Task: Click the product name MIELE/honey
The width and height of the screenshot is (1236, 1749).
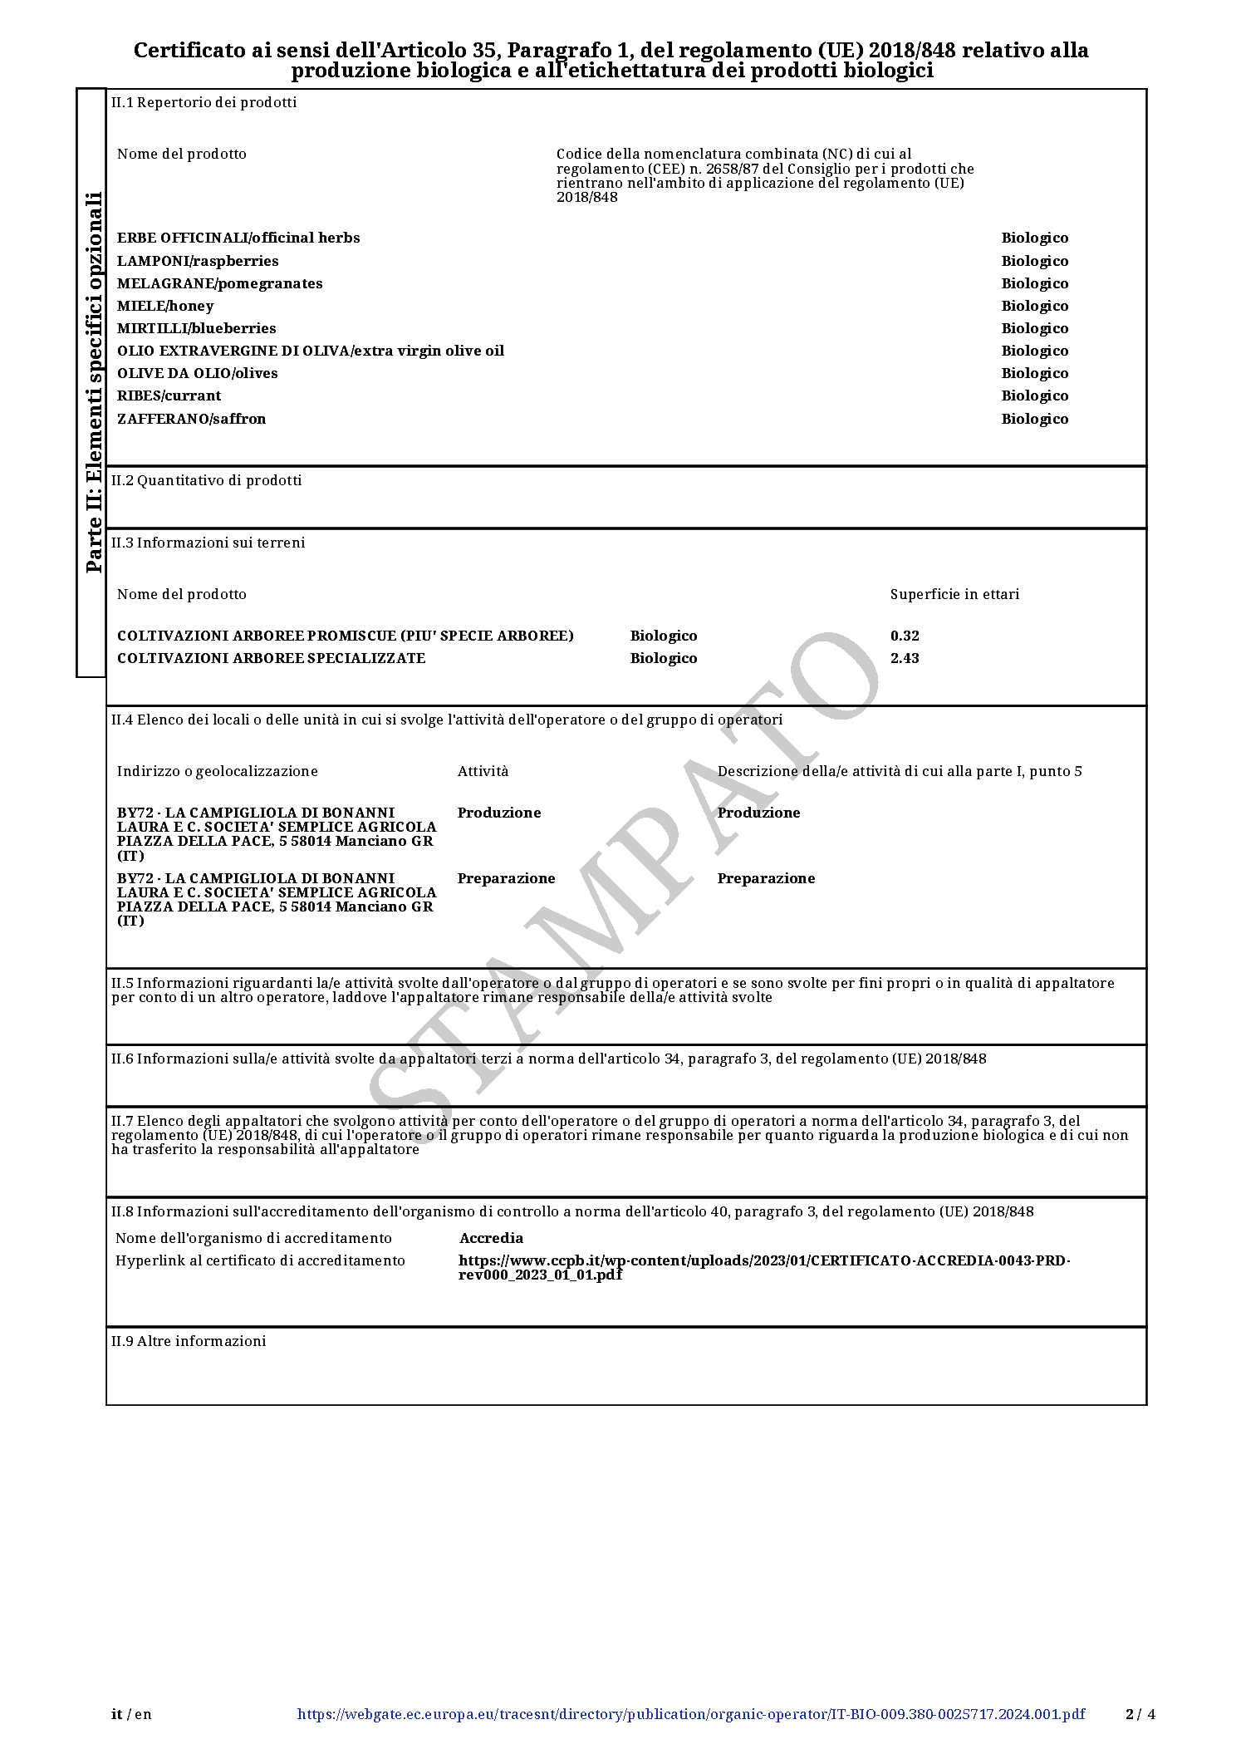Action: (x=165, y=306)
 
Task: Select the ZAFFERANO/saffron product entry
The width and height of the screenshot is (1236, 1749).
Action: (x=191, y=419)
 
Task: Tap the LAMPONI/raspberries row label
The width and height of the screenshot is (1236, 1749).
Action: (x=198, y=261)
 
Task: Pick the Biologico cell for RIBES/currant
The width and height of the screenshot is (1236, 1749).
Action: (x=1034, y=395)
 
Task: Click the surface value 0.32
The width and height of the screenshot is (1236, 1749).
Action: (x=905, y=636)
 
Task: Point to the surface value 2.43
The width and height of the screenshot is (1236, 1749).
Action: (x=905, y=658)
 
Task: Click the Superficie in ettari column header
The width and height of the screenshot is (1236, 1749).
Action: (x=954, y=594)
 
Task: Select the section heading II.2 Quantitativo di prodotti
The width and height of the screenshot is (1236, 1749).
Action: (x=207, y=480)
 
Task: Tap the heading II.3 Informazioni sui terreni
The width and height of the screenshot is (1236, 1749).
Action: (x=208, y=543)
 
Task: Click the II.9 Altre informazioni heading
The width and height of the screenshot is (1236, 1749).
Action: (x=189, y=1341)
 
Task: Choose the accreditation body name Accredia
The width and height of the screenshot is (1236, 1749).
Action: (x=491, y=1238)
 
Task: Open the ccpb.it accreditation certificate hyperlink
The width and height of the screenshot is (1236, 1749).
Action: (x=763, y=1267)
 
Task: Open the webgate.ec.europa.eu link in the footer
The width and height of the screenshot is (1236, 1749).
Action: (x=690, y=1714)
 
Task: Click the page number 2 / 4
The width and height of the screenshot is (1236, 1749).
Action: (x=1140, y=1714)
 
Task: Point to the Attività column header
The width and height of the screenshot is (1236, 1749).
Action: (x=483, y=771)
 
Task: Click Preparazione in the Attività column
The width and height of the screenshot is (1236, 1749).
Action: (x=506, y=878)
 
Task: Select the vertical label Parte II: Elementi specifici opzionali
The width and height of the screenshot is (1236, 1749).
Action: (x=95, y=382)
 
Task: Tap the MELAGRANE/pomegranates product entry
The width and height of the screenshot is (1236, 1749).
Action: (x=219, y=283)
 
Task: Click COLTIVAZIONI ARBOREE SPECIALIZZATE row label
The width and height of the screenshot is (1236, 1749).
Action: (x=271, y=658)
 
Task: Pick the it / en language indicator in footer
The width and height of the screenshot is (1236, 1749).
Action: (x=132, y=1714)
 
